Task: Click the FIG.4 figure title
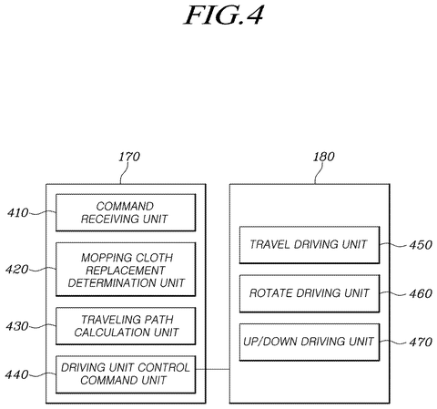click(x=224, y=15)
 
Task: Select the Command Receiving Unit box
click(x=126, y=212)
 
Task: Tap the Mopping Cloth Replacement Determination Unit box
click(x=126, y=270)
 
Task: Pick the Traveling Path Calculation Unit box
click(x=126, y=326)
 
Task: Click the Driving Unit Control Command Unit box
click(x=126, y=374)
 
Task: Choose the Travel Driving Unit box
click(x=310, y=245)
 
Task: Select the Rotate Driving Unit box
click(x=310, y=293)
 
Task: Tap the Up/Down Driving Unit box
click(x=310, y=343)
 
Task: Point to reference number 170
click(x=129, y=157)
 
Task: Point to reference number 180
click(x=324, y=157)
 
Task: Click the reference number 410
click(x=18, y=213)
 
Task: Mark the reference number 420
click(x=17, y=270)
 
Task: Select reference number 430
click(x=17, y=326)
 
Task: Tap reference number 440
click(x=17, y=374)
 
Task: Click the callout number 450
click(x=421, y=245)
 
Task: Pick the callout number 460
click(x=421, y=293)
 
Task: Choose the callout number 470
click(x=421, y=343)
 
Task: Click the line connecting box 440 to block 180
click(x=212, y=369)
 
